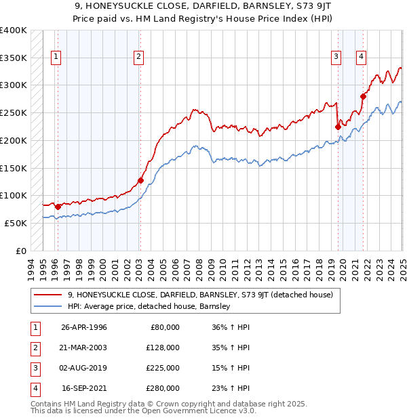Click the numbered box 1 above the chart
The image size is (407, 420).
point(54,58)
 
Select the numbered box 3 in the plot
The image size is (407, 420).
point(336,58)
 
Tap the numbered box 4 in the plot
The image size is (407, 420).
point(361,58)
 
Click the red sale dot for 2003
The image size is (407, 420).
point(140,180)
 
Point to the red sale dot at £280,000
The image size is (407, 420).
point(363,96)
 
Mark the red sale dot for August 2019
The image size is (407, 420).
point(338,126)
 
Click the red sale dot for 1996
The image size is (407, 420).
point(58,207)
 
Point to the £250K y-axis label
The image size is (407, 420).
point(13,112)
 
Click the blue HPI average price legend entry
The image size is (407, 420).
point(149,306)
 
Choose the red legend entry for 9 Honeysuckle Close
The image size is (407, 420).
point(199,295)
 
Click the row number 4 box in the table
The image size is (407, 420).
point(33,388)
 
